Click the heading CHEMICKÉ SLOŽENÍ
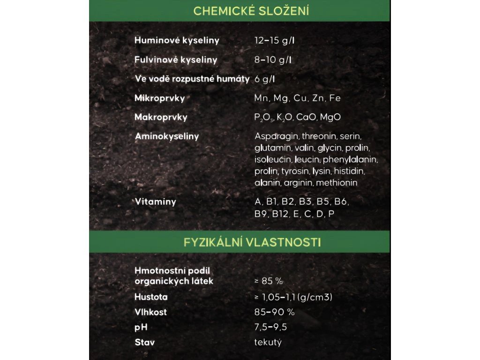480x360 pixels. pyautogui.click(x=251, y=11)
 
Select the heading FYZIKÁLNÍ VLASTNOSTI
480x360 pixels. pyautogui.click(x=252, y=242)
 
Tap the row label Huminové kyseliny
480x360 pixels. pyautogui.click(x=177, y=40)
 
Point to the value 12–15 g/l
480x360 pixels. pyautogui.click(x=274, y=40)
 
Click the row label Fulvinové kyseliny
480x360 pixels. pyautogui.click(x=176, y=60)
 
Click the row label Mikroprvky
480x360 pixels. pyautogui.click(x=159, y=98)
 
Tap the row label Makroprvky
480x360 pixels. pyautogui.click(x=161, y=117)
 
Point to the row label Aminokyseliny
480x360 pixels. pyautogui.click(x=167, y=136)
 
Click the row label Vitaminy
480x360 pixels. pyautogui.click(x=155, y=202)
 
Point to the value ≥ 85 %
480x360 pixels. pyautogui.click(x=269, y=281)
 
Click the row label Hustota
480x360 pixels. pyautogui.click(x=151, y=297)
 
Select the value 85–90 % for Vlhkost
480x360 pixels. pyautogui.click(x=274, y=312)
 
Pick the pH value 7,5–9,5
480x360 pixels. pyautogui.click(x=270, y=327)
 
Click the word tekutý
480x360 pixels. pyautogui.click(x=268, y=342)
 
